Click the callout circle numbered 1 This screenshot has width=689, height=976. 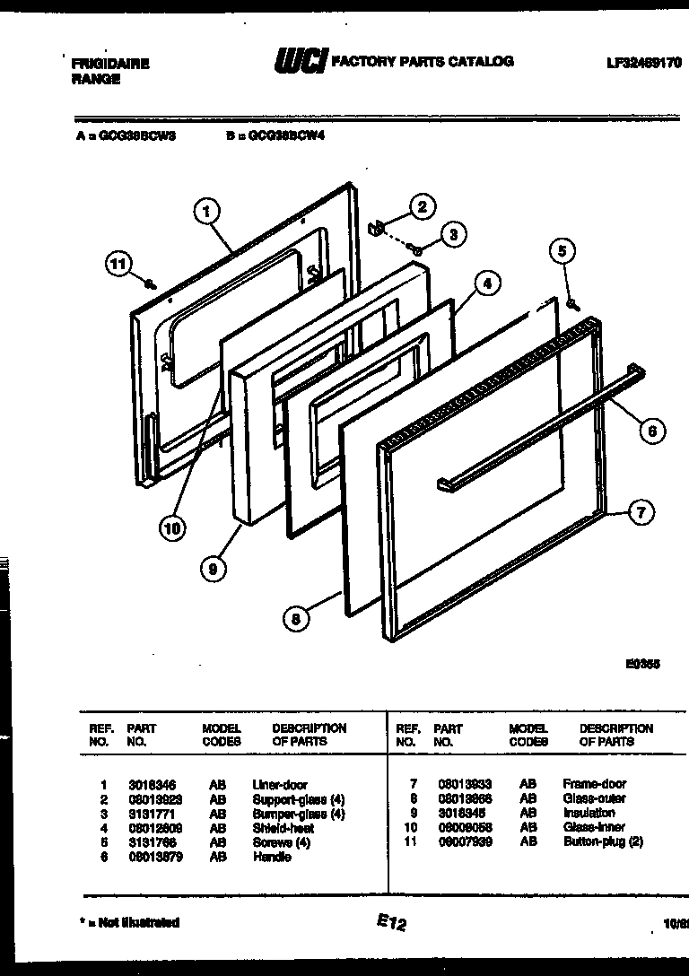click(x=207, y=213)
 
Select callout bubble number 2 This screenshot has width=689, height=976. click(x=422, y=206)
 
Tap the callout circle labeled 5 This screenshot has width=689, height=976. click(x=563, y=251)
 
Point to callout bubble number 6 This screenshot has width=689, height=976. click(x=652, y=431)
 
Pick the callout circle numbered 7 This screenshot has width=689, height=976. click(x=641, y=513)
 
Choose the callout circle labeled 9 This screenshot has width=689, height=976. click(x=213, y=568)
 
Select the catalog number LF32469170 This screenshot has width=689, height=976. click(x=643, y=64)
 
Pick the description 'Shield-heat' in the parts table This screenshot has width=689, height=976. click(x=283, y=828)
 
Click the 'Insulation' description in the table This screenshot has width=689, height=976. click(x=589, y=813)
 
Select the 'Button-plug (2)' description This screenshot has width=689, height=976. click(x=603, y=841)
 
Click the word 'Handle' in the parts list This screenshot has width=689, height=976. click(x=272, y=857)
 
